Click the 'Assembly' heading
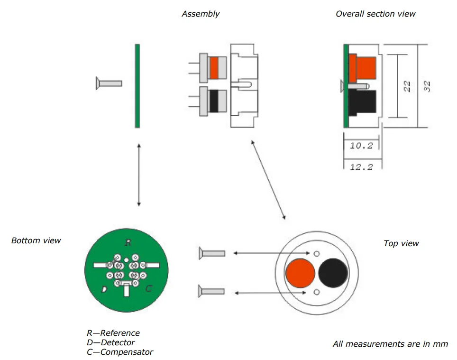[x=201, y=14]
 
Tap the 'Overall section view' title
[x=375, y=14]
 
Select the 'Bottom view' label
[x=36, y=240]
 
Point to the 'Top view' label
[x=401, y=243]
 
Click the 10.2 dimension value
[x=361, y=146]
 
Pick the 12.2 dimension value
[x=361, y=166]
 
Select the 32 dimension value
[x=427, y=86]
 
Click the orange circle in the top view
[x=300, y=273]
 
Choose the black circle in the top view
[x=333, y=273]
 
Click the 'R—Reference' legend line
[x=113, y=333]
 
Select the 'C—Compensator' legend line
[x=120, y=352]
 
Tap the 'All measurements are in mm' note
[x=390, y=344]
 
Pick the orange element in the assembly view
[x=214, y=68]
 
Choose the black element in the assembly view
[x=214, y=101]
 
